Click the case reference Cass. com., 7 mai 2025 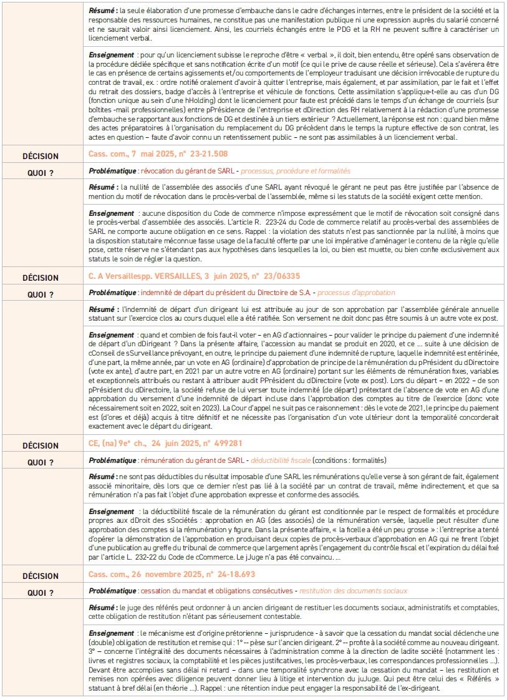pos(158,153)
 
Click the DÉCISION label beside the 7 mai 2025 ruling pos(41,156)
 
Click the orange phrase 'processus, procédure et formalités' pos(296,170)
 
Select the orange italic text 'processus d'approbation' pos(359,292)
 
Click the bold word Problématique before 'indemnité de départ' pos(112,292)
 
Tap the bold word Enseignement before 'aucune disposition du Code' pos(112,213)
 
